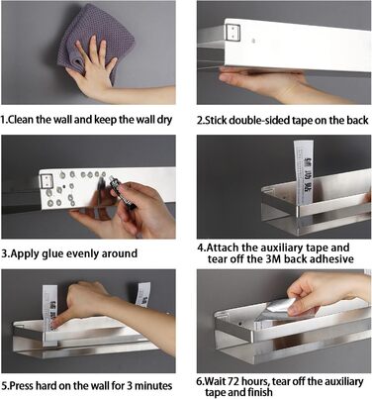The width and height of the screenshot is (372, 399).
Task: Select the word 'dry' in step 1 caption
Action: pyautogui.click(x=163, y=120)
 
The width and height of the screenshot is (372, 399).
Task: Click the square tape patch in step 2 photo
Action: pyautogui.click(x=232, y=32)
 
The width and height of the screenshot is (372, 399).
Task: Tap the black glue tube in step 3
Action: pyautogui.click(x=121, y=195)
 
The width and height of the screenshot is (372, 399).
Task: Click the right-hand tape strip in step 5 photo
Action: pyautogui.click(x=143, y=294)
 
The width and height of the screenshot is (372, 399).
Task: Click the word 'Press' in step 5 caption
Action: pyautogui.click(x=22, y=385)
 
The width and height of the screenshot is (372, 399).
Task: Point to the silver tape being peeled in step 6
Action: pyautogui.click(x=279, y=309)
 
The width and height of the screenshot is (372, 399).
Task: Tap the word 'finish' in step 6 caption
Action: pyautogui.click(x=259, y=392)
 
